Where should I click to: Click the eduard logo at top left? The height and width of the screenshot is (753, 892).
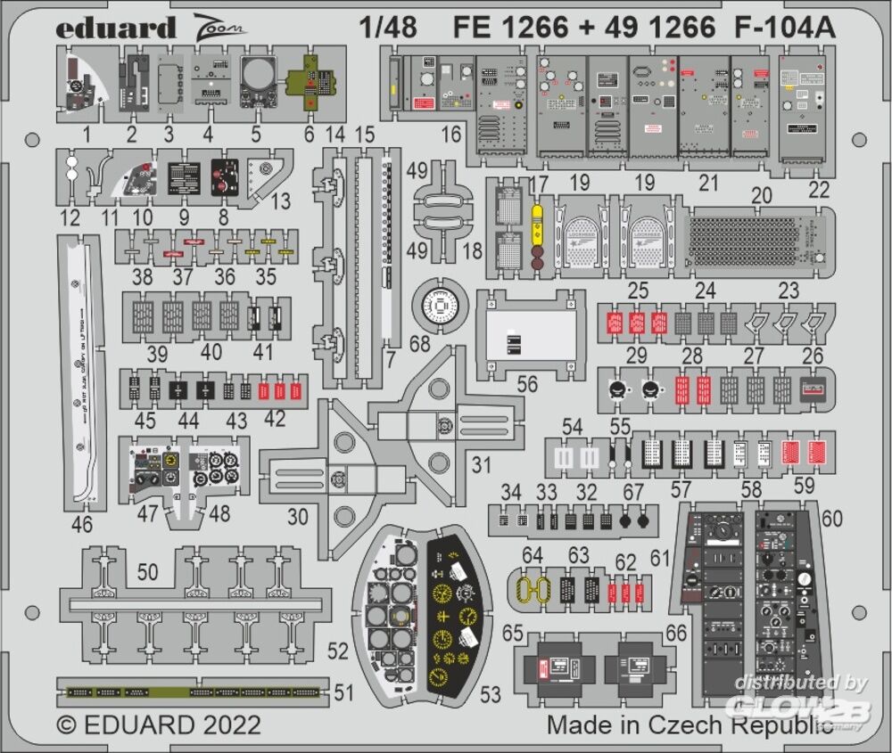[x=116, y=28]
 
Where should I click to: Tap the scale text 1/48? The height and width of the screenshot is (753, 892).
[x=390, y=28]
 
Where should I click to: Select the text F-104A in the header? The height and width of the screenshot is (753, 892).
[x=786, y=28]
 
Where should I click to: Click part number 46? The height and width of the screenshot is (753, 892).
[x=82, y=525]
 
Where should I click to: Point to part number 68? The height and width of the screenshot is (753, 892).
[x=417, y=343]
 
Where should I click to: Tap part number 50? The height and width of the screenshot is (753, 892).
[x=149, y=571]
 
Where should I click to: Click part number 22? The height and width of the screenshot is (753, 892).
[x=818, y=189]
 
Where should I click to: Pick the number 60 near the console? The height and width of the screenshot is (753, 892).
[x=831, y=519]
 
